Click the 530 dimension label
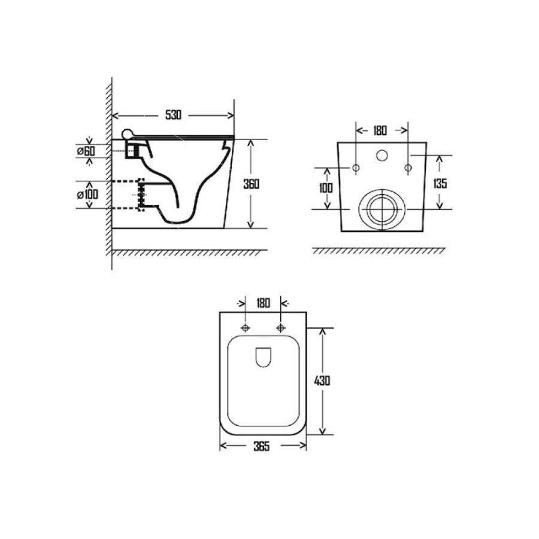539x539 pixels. point(173,115)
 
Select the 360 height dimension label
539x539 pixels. point(252,184)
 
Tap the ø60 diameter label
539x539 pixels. point(86,151)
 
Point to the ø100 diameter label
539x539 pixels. point(87,195)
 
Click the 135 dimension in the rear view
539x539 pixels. point(440,184)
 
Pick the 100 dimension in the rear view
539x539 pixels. point(326,188)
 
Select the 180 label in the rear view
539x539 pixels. point(380,131)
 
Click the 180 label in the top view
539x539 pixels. point(263,303)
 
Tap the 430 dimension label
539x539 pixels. point(322,380)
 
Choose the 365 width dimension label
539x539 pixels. point(262,446)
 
